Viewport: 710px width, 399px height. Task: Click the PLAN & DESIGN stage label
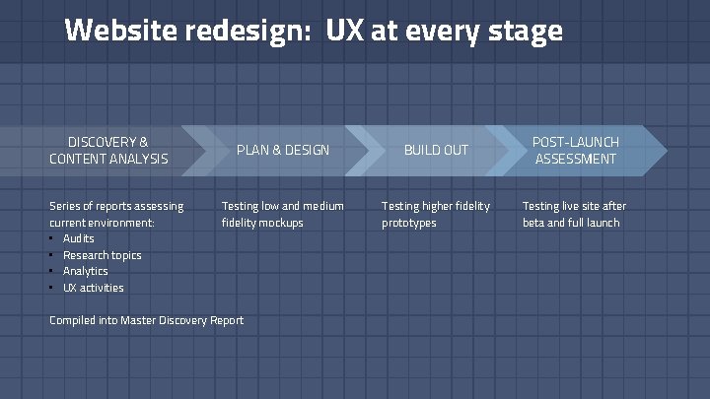click(x=282, y=150)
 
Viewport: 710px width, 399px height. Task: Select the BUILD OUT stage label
click(x=436, y=150)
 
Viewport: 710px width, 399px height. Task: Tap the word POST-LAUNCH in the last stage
click(x=576, y=142)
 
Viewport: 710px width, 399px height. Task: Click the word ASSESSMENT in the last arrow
click(x=576, y=159)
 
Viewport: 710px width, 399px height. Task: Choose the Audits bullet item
click(x=79, y=238)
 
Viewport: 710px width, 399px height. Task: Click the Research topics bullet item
click(x=102, y=255)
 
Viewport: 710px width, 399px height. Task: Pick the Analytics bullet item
click(x=86, y=271)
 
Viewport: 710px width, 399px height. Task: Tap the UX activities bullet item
click(x=94, y=288)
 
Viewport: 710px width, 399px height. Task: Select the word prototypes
click(x=409, y=223)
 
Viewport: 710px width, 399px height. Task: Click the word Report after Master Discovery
click(x=226, y=320)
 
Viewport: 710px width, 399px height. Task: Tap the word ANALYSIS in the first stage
click(x=140, y=159)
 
